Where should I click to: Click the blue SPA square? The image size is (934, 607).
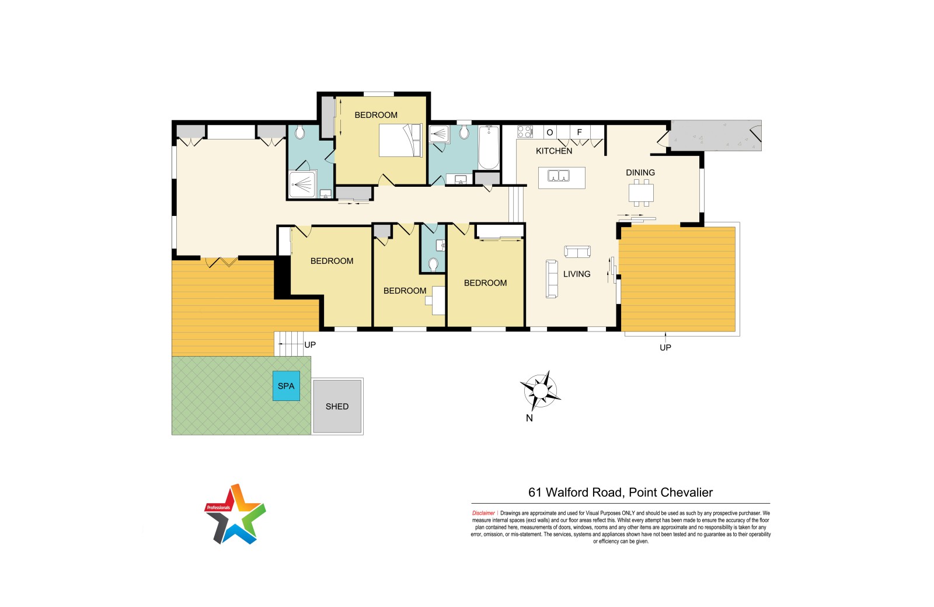(x=286, y=386)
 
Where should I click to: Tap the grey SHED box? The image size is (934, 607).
(x=337, y=406)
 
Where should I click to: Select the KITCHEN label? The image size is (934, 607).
(x=554, y=151)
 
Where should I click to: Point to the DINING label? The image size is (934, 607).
(x=640, y=173)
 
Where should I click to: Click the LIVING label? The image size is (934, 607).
(x=577, y=274)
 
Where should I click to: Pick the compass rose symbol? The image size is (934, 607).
(x=541, y=390)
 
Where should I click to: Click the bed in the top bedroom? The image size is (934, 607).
(x=400, y=141)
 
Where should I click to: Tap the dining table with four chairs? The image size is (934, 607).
(x=642, y=193)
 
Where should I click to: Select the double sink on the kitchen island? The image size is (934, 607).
(x=558, y=176)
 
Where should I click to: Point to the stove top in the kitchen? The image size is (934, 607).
(x=525, y=132)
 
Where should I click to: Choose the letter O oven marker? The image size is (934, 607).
(x=549, y=132)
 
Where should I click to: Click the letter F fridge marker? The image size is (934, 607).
(x=579, y=132)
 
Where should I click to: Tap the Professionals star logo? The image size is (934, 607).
(x=235, y=514)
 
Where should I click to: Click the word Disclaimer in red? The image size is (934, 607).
(x=483, y=513)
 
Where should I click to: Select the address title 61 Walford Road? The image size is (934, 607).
(x=576, y=493)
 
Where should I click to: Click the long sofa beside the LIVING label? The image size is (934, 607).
(x=552, y=279)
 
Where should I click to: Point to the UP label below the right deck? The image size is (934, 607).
(x=665, y=347)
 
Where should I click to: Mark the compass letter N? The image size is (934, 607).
(x=529, y=418)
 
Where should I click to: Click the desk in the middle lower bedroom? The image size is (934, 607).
(x=437, y=301)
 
